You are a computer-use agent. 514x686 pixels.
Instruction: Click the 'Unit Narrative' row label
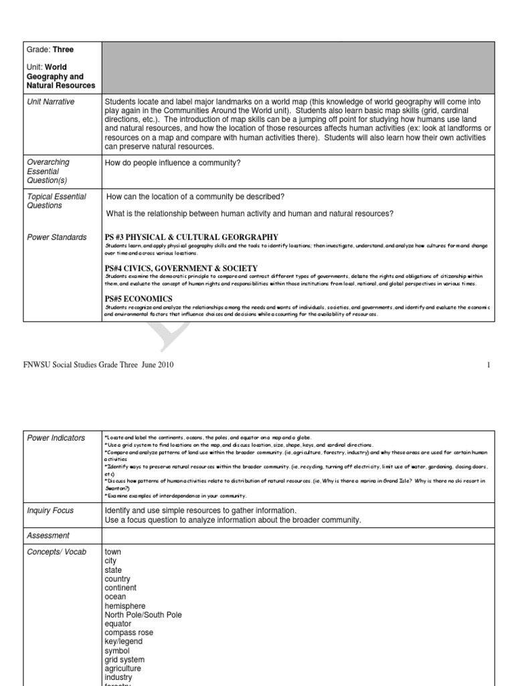tap(51, 102)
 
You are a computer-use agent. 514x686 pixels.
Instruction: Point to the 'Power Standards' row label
tap(56, 237)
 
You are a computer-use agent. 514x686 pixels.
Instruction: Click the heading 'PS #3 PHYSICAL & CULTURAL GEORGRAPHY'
tap(191, 237)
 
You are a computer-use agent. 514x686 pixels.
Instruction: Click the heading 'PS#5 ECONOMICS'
tap(139, 299)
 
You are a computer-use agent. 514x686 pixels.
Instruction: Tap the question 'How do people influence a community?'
tap(172, 162)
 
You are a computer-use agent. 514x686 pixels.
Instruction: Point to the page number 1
tap(489, 365)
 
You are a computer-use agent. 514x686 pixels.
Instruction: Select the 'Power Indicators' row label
tap(56, 438)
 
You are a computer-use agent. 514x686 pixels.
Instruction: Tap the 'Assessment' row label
tap(48, 536)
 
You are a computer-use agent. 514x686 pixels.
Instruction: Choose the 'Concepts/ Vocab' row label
tap(56, 552)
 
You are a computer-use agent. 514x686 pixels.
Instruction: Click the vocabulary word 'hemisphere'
tap(124, 606)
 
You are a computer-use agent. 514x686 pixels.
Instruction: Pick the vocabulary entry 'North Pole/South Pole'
tap(143, 615)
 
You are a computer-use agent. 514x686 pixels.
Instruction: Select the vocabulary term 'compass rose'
tap(128, 633)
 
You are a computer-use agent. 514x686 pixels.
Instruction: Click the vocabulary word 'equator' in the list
tap(118, 624)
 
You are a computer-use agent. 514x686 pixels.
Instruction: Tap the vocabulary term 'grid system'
tap(125, 660)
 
